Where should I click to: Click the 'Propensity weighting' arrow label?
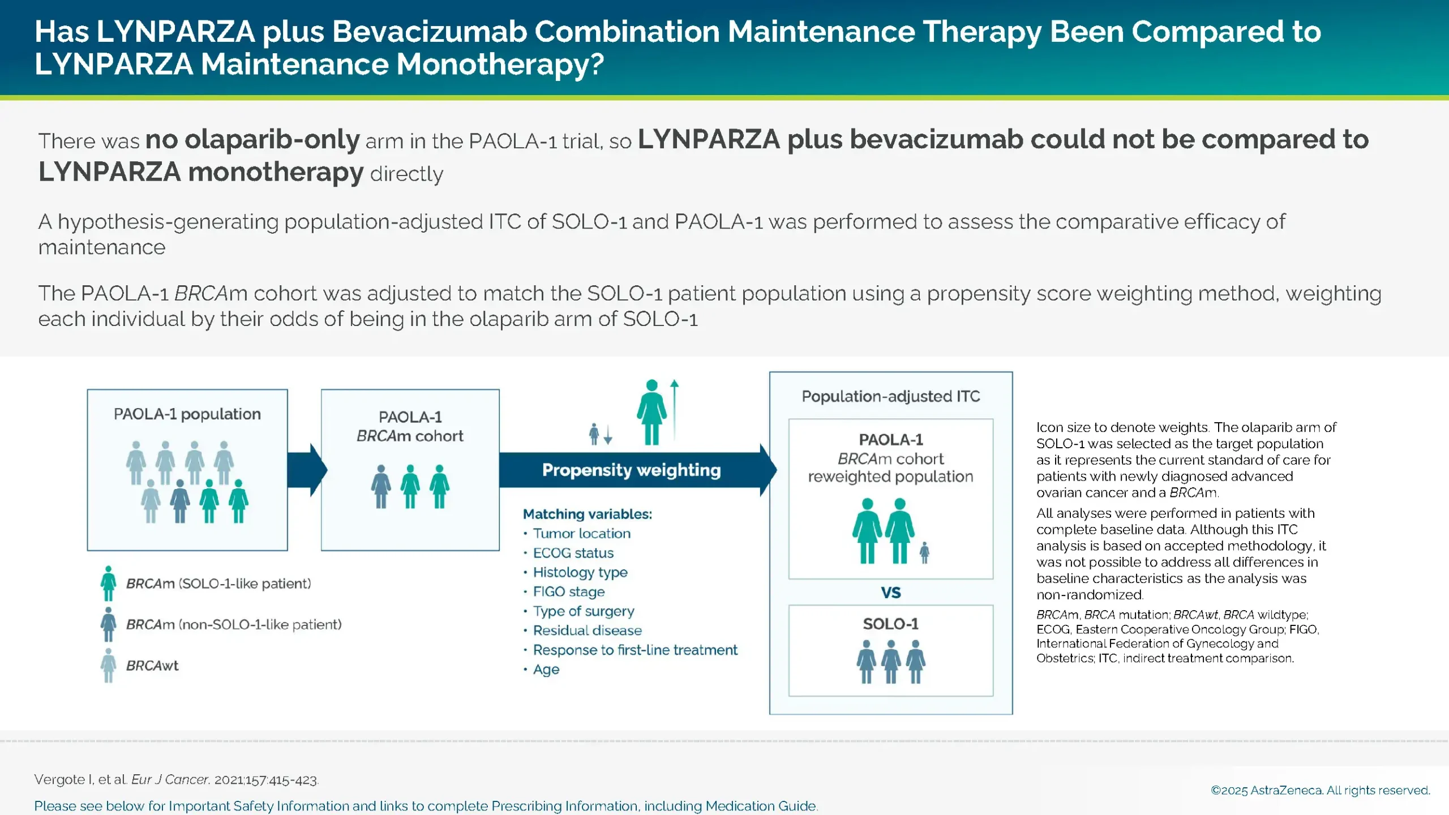[631, 470]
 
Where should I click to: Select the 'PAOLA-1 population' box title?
[187, 414]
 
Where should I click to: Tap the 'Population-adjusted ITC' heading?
[890, 396]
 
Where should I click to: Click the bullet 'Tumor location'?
[581, 534]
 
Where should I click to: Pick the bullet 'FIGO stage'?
[568, 592]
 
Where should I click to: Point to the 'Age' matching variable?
[546, 670]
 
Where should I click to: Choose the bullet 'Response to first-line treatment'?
[635, 650]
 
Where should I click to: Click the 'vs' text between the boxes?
[890, 593]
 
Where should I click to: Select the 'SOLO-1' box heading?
[890, 624]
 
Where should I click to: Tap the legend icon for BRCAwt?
[108, 666]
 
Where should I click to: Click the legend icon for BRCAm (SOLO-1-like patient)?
[108, 584]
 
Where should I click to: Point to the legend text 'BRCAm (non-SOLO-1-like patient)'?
[233, 625]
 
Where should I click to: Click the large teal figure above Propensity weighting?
[651, 412]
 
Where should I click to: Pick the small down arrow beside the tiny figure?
[608, 435]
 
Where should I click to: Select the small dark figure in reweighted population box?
[924, 552]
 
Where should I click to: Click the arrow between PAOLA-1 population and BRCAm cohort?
[306, 470]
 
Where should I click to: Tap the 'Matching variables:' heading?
[587, 514]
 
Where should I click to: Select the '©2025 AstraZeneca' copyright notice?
[1319, 790]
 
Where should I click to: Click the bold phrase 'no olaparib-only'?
[252, 140]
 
